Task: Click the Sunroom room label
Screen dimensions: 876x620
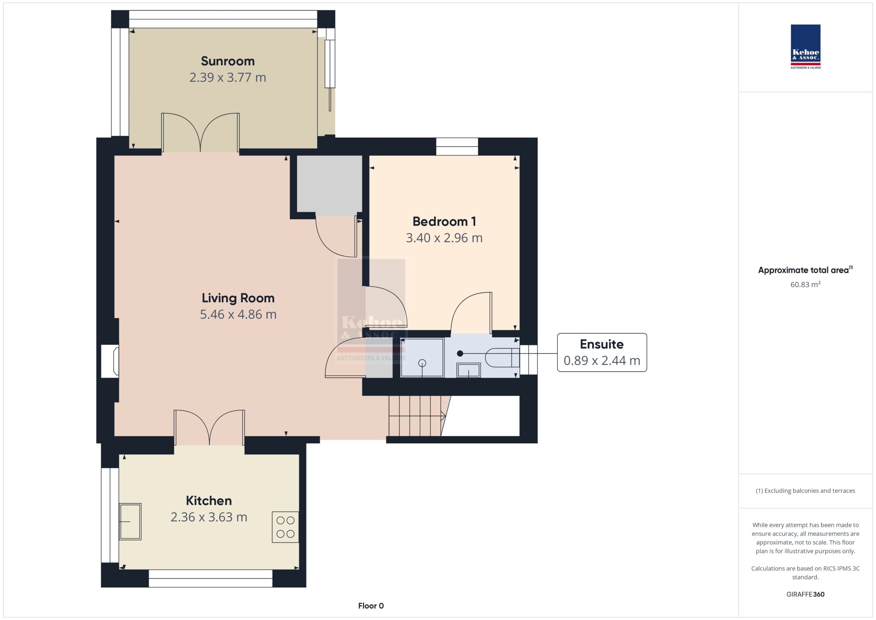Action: (x=228, y=61)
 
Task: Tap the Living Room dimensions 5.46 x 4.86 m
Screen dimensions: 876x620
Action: (x=238, y=314)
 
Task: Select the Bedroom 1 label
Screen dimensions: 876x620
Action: (x=444, y=222)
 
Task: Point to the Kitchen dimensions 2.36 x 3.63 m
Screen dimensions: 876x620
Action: (x=209, y=517)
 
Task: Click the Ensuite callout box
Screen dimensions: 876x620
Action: (x=602, y=352)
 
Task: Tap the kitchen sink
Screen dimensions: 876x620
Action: (x=130, y=521)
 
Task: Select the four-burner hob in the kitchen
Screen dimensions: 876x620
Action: (x=285, y=527)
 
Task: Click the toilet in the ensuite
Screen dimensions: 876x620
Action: (x=502, y=358)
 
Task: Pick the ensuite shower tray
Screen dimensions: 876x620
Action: (x=422, y=358)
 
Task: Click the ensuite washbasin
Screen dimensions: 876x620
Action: (x=468, y=370)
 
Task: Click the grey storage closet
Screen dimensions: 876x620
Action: (x=329, y=185)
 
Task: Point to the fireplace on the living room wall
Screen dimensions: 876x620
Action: (x=110, y=361)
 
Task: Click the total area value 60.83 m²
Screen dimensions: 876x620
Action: (x=806, y=284)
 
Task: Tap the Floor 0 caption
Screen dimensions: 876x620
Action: (x=371, y=606)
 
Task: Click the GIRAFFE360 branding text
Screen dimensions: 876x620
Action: (x=806, y=594)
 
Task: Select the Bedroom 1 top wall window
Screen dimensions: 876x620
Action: (x=457, y=147)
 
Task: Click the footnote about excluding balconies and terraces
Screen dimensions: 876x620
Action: (x=806, y=491)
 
